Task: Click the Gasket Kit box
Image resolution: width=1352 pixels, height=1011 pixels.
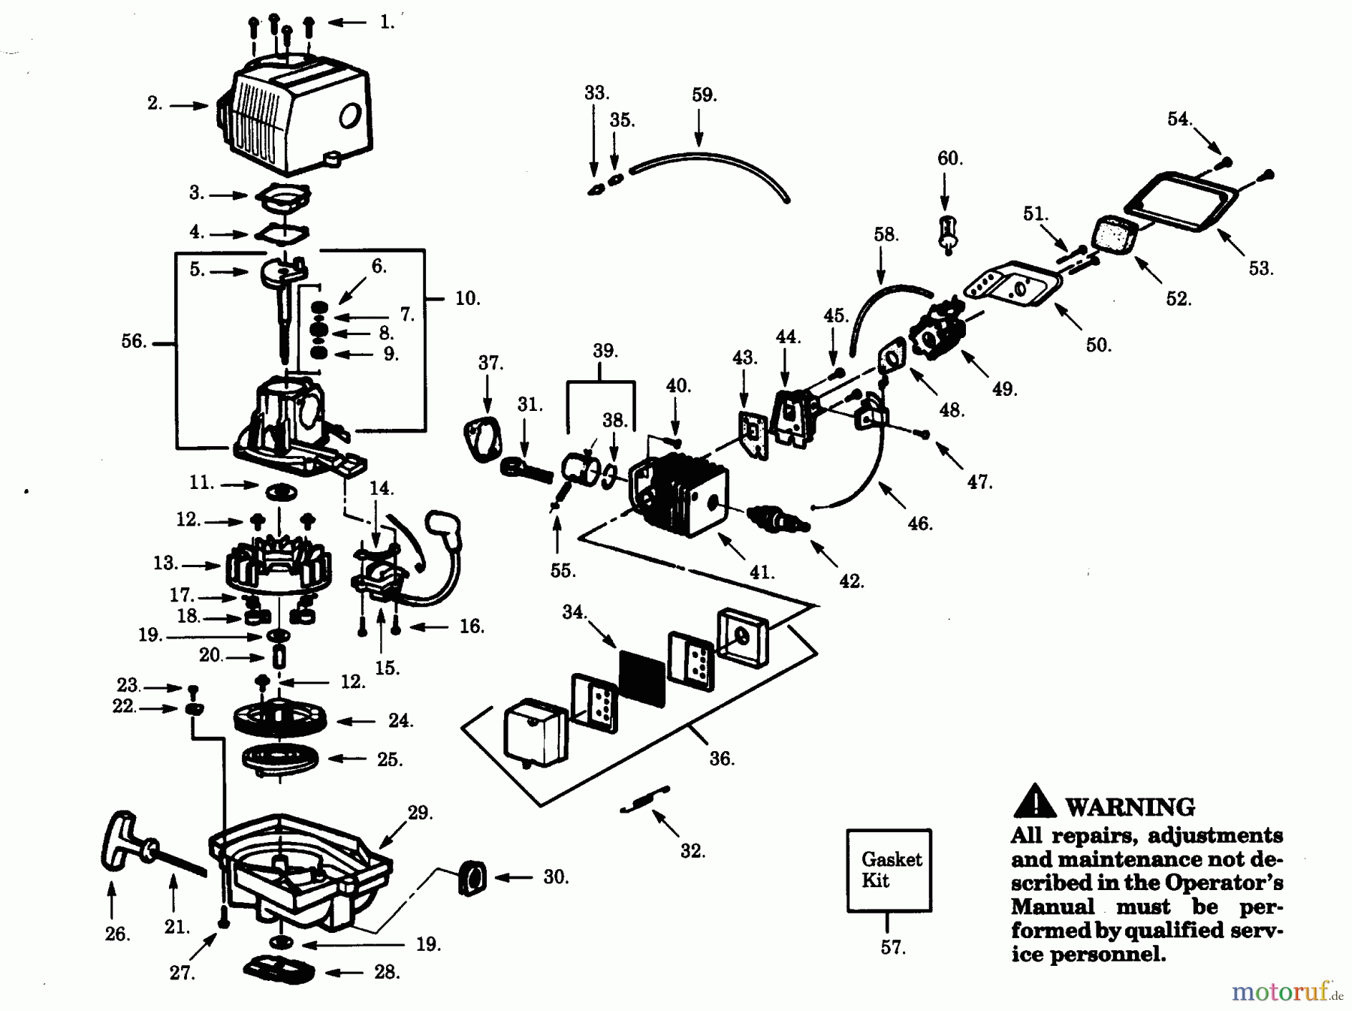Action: pos(889,871)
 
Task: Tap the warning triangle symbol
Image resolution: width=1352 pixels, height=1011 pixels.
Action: pos(1034,802)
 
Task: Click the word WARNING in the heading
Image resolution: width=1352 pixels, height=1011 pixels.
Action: pos(1130,807)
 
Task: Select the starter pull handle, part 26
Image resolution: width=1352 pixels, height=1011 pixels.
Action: pos(121,845)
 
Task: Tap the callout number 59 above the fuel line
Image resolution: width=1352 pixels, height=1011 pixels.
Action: pos(704,95)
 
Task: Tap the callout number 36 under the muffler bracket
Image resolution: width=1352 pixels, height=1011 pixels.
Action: pos(721,759)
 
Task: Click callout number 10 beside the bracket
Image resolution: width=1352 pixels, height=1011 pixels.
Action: pos(466,298)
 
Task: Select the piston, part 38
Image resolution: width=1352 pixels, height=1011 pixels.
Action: pos(582,472)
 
